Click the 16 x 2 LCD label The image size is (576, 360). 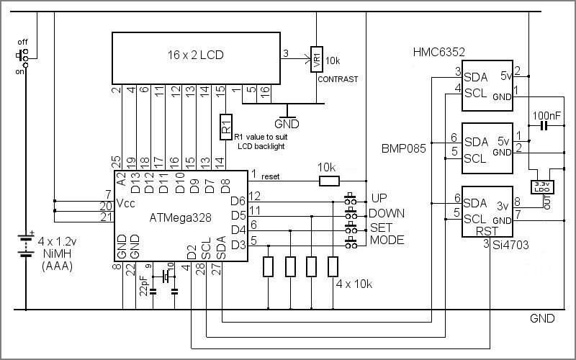point(195,55)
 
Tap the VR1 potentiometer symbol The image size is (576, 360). point(317,59)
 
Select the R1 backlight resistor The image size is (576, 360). point(226,127)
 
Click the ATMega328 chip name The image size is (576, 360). point(181,218)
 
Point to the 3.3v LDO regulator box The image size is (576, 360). point(542,187)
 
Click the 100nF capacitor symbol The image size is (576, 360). point(544,126)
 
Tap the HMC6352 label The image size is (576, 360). point(438,52)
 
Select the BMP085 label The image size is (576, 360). point(404,148)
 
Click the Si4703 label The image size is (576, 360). point(510,245)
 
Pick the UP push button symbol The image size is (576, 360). point(351,199)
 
